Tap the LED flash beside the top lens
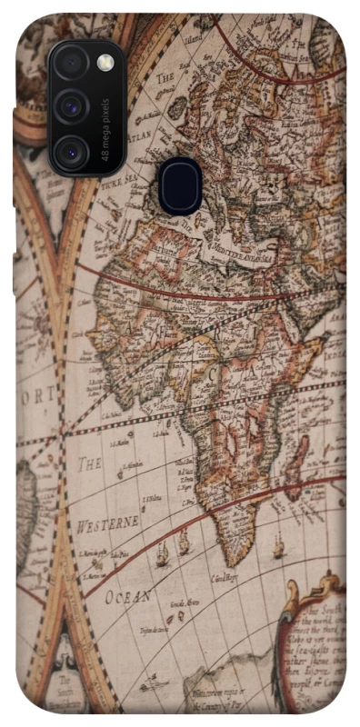coord(105,63)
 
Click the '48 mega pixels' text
coord(106,129)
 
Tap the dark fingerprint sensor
coord(180,185)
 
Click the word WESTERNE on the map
coord(107,524)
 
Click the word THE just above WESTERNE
coord(89,464)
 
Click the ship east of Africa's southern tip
coord(277,548)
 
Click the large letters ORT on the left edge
coord(34,397)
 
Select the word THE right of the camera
coord(165,79)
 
